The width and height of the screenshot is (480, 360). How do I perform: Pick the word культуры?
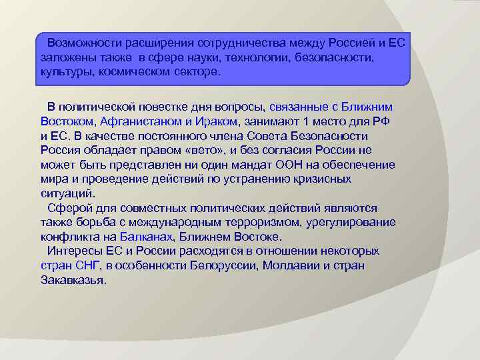tap(62, 71)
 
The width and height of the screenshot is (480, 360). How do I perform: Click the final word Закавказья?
tap(73, 281)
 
